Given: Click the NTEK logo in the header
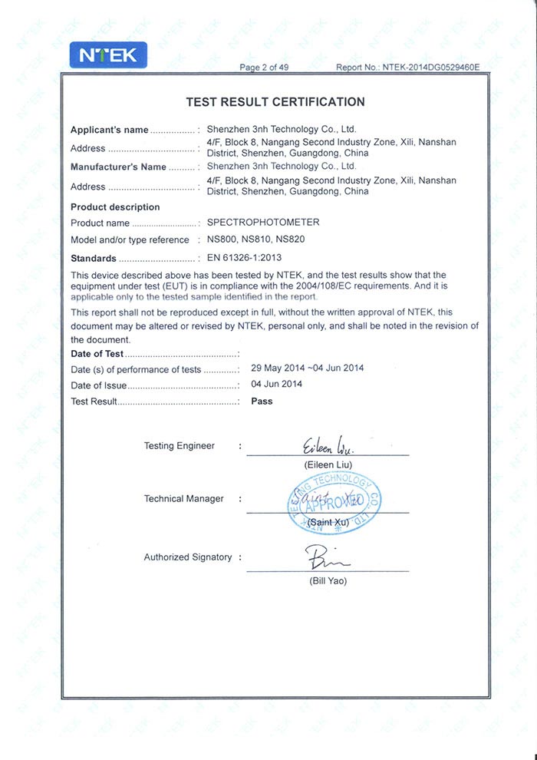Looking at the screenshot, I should click(108, 55).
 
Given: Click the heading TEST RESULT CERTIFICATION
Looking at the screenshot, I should click(275, 102).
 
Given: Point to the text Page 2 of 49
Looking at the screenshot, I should click(264, 68).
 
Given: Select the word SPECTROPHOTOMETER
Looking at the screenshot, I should click(263, 223).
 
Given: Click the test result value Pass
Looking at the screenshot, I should click(262, 401).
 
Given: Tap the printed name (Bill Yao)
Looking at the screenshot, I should click(328, 581).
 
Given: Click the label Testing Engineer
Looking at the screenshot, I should click(179, 446).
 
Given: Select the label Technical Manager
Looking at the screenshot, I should click(183, 499).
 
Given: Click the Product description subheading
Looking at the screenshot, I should click(115, 207).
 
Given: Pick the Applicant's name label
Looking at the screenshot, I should click(109, 130).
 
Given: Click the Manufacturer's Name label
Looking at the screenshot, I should click(118, 167).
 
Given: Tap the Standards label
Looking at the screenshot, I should click(94, 259).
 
